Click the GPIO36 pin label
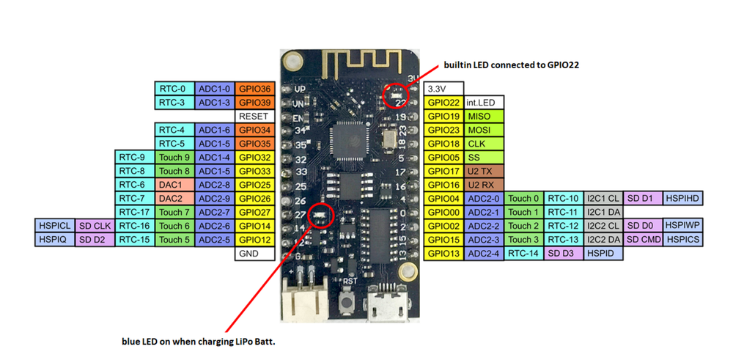pos(255,89)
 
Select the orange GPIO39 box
pos(255,103)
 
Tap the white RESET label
pos(255,117)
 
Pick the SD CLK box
pos(95,226)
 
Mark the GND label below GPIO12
pos(255,254)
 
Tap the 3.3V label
pos(443,89)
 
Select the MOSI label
pos(484,130)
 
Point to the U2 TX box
pos(484,171)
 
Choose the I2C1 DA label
pos(603,212)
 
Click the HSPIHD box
pos(682,198)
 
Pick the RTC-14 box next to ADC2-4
pos(523,254)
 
